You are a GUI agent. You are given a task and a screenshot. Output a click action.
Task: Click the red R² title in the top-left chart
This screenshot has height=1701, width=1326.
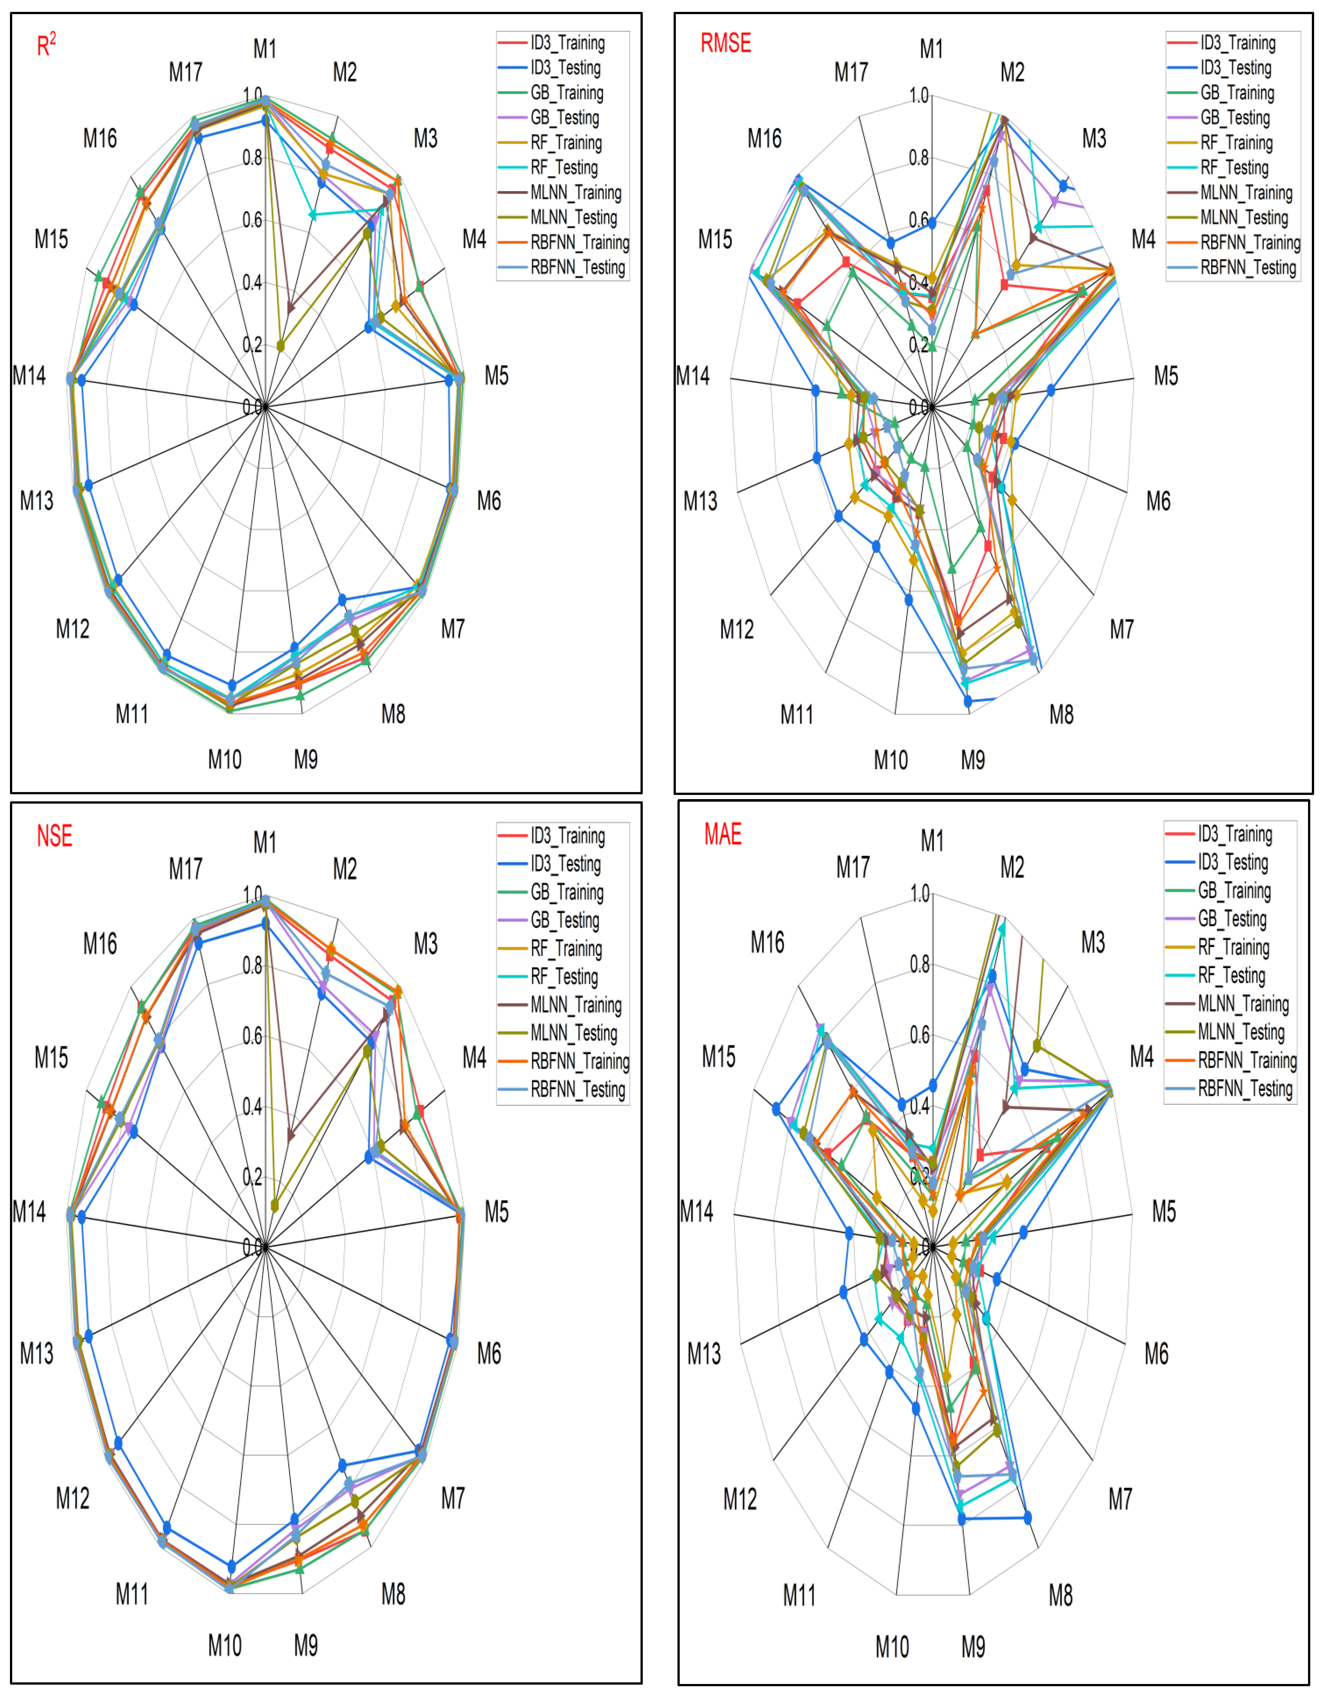(47, 45)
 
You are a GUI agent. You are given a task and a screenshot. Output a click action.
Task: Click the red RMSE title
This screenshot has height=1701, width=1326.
(725, 44)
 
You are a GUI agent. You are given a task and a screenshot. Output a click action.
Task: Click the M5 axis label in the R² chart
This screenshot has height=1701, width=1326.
(496, 376)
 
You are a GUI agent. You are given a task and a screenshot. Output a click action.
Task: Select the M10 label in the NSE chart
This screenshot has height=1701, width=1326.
(225, 1646)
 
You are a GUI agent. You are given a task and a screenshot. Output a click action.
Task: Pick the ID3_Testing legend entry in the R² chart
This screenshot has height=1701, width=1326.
(565, 68)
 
